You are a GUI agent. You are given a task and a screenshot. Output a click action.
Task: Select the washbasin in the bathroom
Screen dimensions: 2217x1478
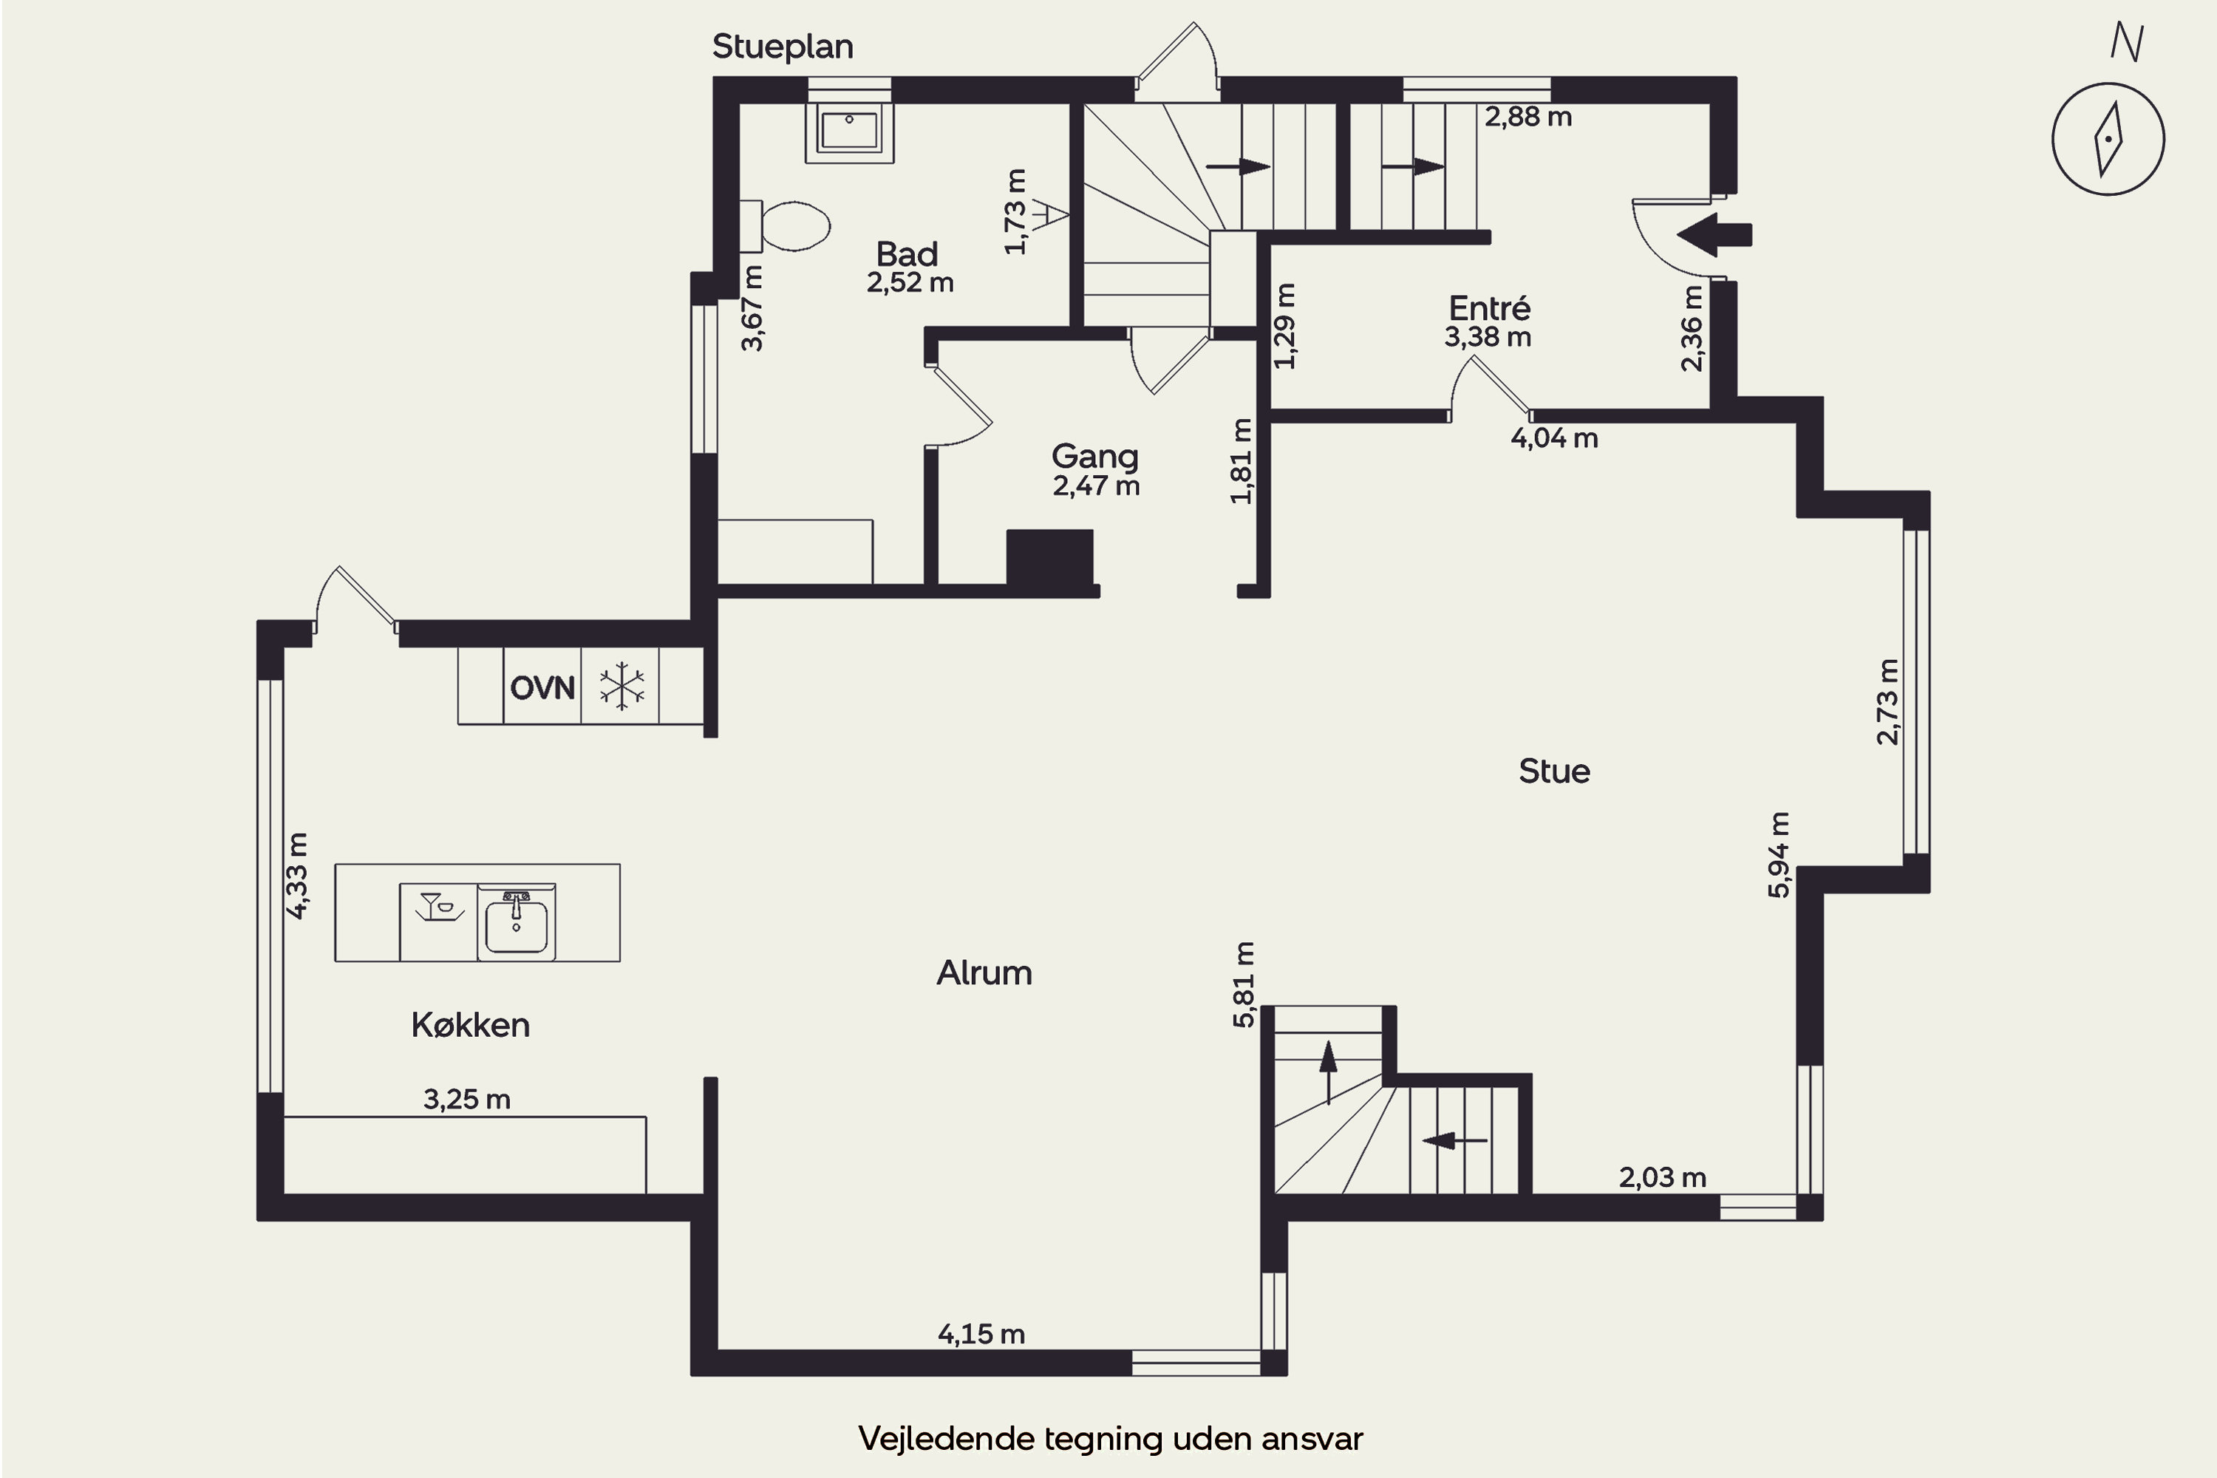(x=849, y=130)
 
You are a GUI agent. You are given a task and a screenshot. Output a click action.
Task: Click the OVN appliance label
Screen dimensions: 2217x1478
(x=542, y=688)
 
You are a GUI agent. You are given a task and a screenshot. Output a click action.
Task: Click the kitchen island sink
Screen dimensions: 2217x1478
(x=517, y=919)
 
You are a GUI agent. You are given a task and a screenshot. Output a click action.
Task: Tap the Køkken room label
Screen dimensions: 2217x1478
(x=470, y=1024)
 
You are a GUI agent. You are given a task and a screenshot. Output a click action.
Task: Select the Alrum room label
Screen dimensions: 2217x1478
(x=984, y=973)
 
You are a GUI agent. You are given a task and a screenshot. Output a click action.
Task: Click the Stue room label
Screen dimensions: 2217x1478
(x=1554, y=771)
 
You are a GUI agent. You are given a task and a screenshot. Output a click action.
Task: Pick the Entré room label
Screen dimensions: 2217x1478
(x=1489, y=307)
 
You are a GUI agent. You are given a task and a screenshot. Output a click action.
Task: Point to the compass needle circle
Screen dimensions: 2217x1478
(x=2108, y=140)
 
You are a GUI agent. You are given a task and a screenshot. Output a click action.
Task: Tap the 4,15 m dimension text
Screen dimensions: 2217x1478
(x=981, y=1334)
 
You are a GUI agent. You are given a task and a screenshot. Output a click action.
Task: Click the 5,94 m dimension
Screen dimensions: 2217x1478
(x=1778, y=855)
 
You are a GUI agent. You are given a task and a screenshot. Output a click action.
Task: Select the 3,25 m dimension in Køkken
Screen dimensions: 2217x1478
(x=466, y=1099)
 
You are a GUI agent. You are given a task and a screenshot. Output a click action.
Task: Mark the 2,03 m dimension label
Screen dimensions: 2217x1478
(x=1663, y=1177)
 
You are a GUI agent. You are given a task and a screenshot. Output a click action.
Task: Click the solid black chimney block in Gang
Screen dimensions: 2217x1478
(x=1050, y=558)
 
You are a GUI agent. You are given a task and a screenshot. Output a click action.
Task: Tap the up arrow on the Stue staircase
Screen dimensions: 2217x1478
(x=1328, y=1072)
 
